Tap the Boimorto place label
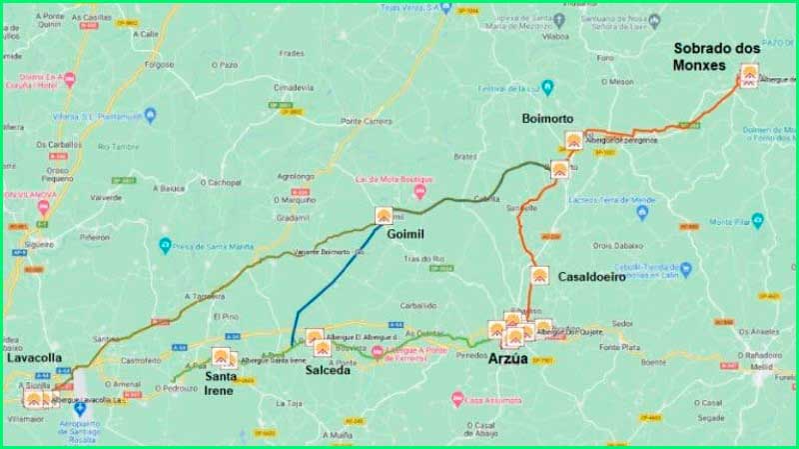[x=547, y=118]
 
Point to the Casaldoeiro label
[x=592, y=277]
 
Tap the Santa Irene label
[x=220, y=383]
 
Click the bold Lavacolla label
[x=36, y=357]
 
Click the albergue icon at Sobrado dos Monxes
[x=750, y=73]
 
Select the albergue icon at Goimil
[x=385, y=215]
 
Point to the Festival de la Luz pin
[x=545, y=88]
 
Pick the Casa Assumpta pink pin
[x=457, y=398]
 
